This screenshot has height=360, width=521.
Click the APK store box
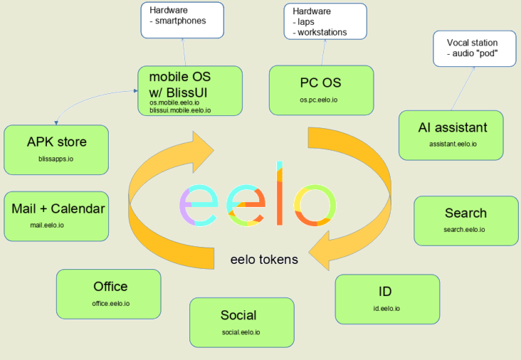click(56, 149)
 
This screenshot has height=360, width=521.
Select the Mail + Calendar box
click(56, 216)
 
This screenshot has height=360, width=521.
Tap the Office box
click(108, 294)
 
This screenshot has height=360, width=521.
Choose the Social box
click(241, 322)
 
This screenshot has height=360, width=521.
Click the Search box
click(465, 221)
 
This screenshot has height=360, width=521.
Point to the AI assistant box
click(452, 134)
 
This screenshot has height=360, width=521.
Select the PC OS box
click(321, 90)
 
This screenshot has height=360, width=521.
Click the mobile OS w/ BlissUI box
click(189, 90)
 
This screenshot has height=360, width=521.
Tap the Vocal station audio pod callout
click(472, 48)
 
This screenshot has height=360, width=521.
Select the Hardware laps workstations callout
click(325, 21)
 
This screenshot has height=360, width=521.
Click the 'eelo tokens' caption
click(264, 260)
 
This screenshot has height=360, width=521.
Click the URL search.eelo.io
click(463, 230)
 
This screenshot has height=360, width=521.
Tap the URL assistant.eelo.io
click(453, 144)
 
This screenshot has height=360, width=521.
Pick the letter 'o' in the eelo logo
click(309, 204)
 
